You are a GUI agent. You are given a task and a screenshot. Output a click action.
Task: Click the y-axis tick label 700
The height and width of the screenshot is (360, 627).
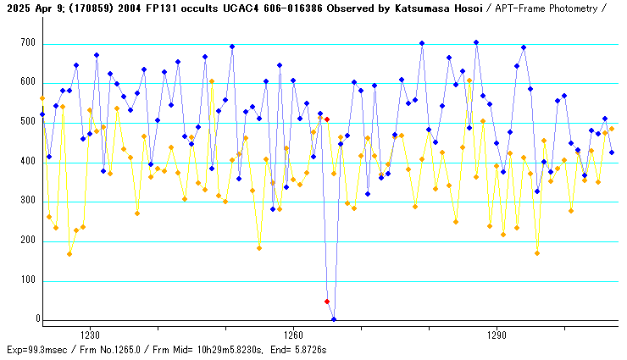[x=27, y=42]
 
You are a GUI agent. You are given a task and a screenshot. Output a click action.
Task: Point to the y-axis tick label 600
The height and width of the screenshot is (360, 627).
[x=27, y=82]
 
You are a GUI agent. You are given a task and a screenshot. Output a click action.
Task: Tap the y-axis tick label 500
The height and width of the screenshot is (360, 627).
[x=27, y=122]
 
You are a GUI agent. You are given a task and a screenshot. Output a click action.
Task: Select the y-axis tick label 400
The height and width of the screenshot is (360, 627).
[x=27, y=161]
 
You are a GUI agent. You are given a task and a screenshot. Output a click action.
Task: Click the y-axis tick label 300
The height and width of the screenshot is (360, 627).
[x=27, y=201]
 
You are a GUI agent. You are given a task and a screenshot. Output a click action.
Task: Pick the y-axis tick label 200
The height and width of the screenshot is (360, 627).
[x=27, y=241]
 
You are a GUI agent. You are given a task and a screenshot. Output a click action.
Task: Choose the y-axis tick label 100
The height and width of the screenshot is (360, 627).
[x=27, y=280]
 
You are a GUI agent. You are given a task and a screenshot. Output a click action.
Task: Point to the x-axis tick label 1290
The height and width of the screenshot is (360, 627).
[x=497, y=335]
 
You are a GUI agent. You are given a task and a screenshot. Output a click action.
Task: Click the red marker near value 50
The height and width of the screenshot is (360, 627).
[x=327, y=301]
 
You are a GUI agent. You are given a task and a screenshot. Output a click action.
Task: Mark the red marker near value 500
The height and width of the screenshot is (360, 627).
[x=327, y=119]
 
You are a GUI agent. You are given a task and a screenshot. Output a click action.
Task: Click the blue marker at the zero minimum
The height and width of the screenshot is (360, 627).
[x=334, y=319]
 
